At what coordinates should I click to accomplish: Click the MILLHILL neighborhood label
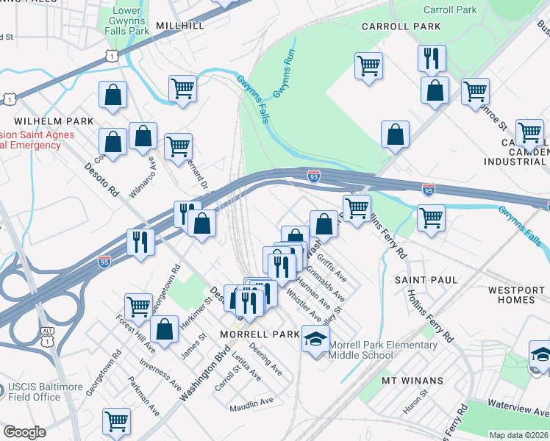(x=180, y=26)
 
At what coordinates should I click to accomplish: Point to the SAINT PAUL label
(x=426, y=280)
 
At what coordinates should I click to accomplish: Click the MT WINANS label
(x=413, y=380)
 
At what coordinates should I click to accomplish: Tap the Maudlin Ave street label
(x=251, y=401)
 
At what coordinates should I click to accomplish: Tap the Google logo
(x=24, y=431)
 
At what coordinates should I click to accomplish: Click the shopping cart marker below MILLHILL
(x=182, y=89)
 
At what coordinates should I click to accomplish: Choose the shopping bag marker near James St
(x=165, y=331)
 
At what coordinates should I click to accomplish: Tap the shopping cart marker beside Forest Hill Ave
(x=138, y=306)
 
